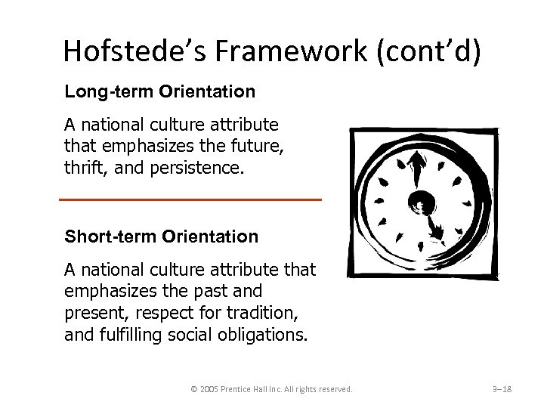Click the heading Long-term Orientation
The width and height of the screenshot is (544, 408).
pyautogui.click(x=159, y=91)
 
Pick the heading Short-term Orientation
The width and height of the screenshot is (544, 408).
pyautogui.click(x=161, y=236)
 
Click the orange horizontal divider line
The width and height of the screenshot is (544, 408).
pyautogui.click(x=190, y=199)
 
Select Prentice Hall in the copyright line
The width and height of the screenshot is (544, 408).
pyautogui.click(x=253, y=389)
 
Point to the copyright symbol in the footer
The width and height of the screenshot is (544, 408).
pyautogui.click(x=195, y=389)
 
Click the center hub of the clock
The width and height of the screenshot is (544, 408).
pyautogui.click(x=419, y=201)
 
